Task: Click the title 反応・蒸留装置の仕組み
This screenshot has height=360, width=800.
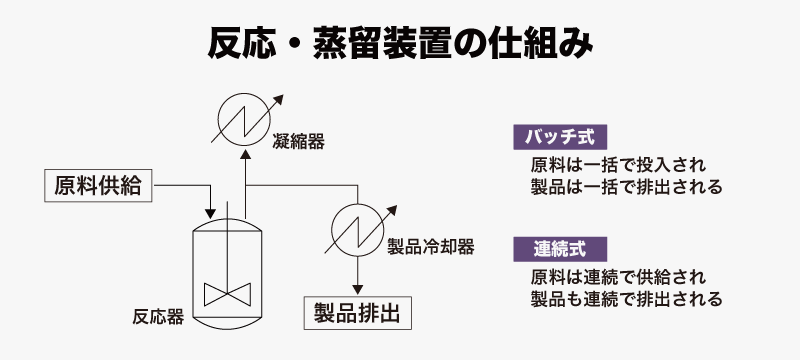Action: coord(400,44)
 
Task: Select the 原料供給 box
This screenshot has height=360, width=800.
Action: coord(98,186)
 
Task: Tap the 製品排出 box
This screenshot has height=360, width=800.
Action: coord(358,313)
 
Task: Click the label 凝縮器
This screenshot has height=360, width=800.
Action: coord(298,142)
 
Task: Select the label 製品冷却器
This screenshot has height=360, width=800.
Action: coord(431,247)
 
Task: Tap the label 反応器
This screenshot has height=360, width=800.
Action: coord(158,317)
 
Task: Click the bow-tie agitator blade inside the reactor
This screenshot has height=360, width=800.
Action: coord(228,295)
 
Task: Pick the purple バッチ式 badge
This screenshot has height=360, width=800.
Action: coord(560,137)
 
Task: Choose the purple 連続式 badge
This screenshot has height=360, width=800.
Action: coord(560,249)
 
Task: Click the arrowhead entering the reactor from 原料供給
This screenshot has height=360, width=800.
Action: coord(210,213)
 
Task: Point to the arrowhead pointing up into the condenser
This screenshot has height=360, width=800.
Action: coord(245,155)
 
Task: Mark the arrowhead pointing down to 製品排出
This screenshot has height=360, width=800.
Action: coord(358,290)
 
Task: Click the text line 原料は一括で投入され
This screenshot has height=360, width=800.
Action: coord(618,165)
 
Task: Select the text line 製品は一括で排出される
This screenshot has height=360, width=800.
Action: coord(627,187)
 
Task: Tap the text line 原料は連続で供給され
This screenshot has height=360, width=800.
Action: coord(618,277)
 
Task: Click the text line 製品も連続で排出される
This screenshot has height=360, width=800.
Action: coord(627,299)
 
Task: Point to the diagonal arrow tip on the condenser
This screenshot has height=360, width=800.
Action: coord(283,95)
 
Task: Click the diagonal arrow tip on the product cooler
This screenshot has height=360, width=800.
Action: coord(396,206)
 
